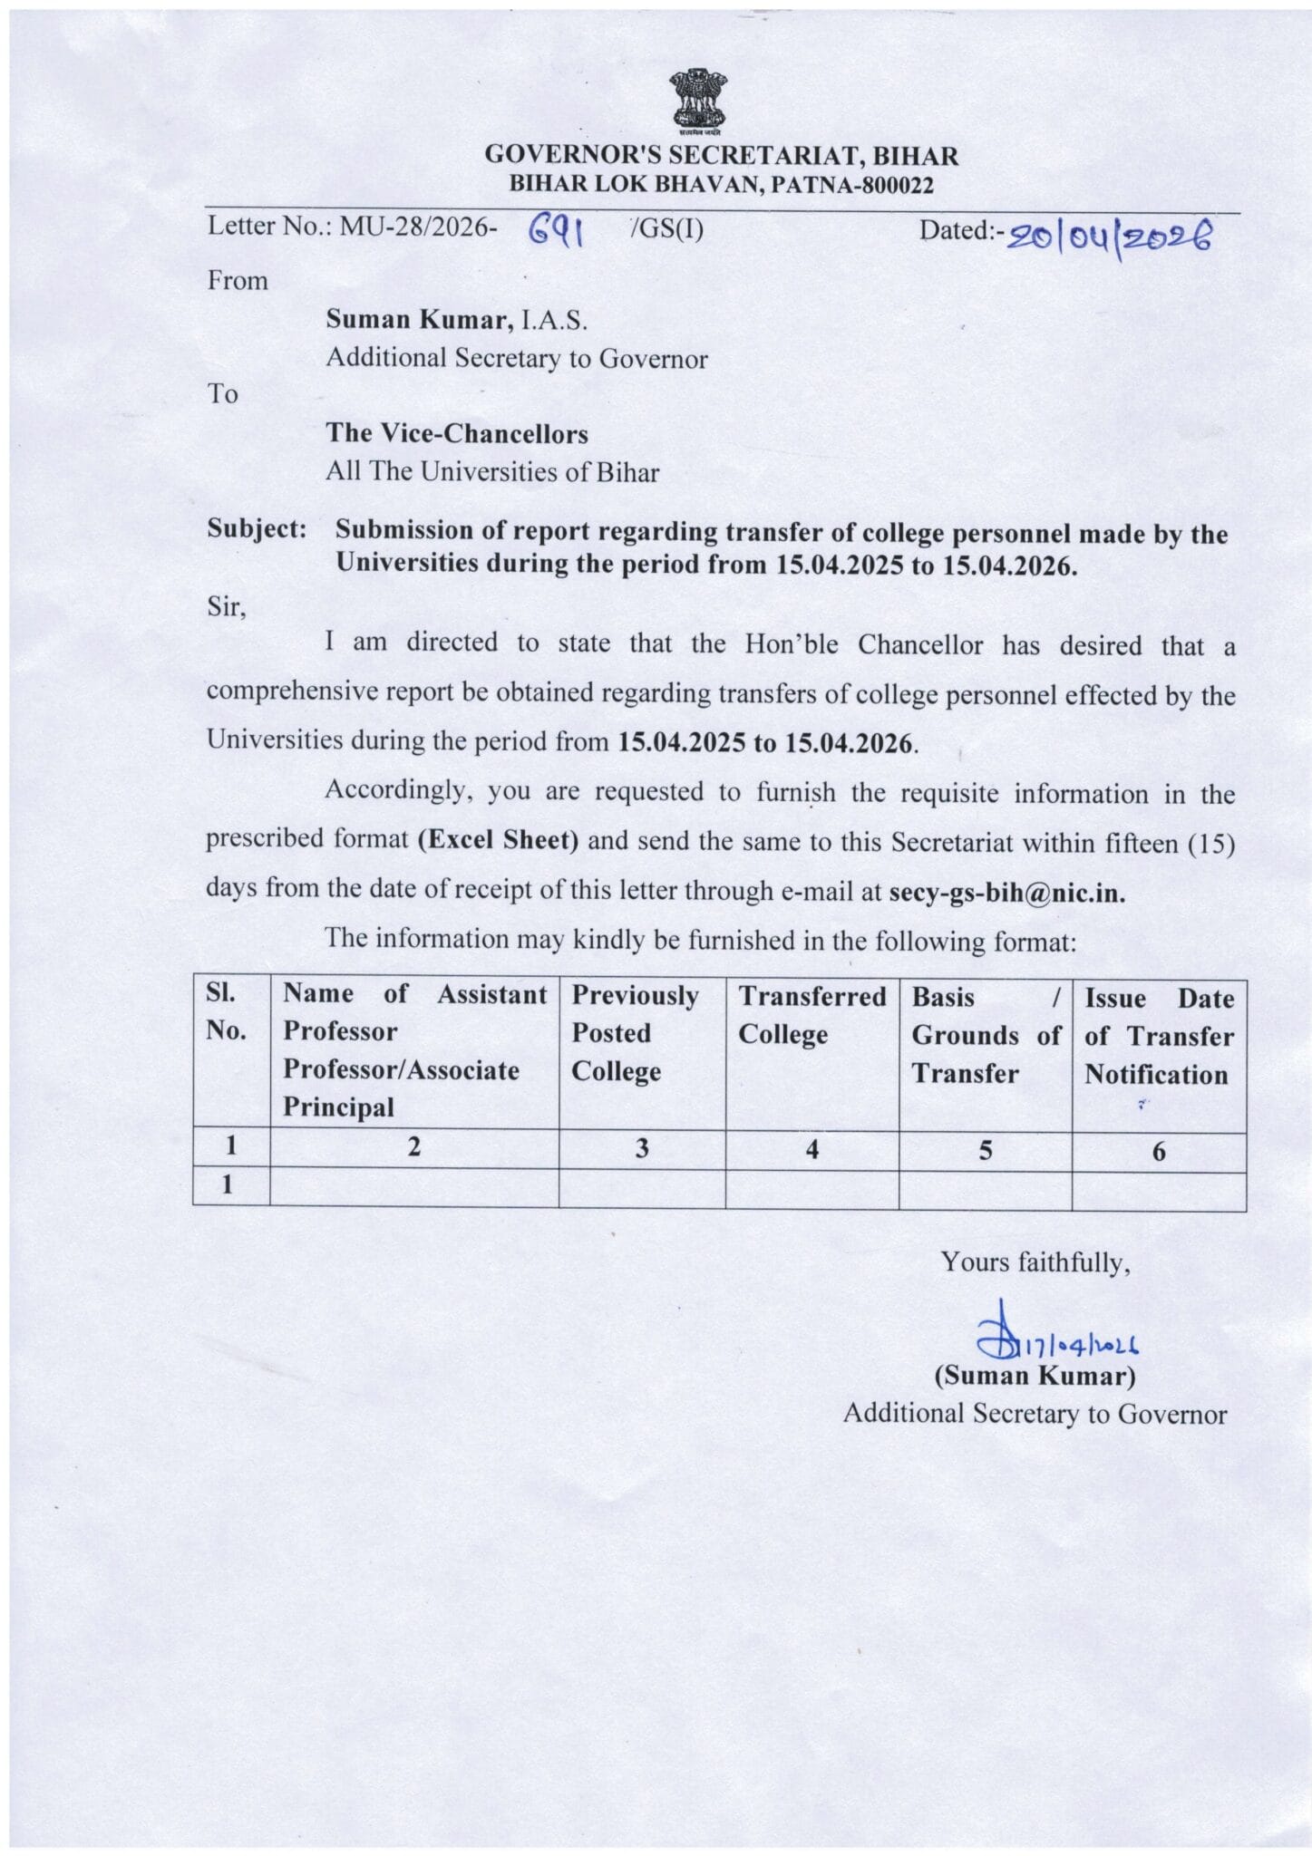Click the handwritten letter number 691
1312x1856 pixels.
coord(555,232)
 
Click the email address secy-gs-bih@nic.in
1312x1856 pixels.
coord(1006,892)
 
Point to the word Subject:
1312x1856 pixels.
coord(257,528)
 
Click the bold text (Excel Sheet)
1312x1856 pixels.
coord(498,840)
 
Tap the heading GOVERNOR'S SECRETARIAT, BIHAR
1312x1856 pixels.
coord(721,155)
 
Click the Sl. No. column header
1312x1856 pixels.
coord(226,1011)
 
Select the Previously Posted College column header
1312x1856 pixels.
coord(635,1033)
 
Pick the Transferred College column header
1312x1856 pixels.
coord(811,1015)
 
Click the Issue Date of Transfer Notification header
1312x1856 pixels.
coord(1159,1036)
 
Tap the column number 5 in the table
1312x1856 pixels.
coord(985,1150)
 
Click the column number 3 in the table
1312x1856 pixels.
coord(641,1149)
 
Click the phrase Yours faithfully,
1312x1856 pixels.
coord(1035,1261)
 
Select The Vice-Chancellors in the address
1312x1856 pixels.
coord(457,433)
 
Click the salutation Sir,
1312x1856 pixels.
coord(227,605)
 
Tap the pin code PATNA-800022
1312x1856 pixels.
coord(851,185)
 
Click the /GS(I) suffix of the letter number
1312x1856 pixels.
coord(666,228)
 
